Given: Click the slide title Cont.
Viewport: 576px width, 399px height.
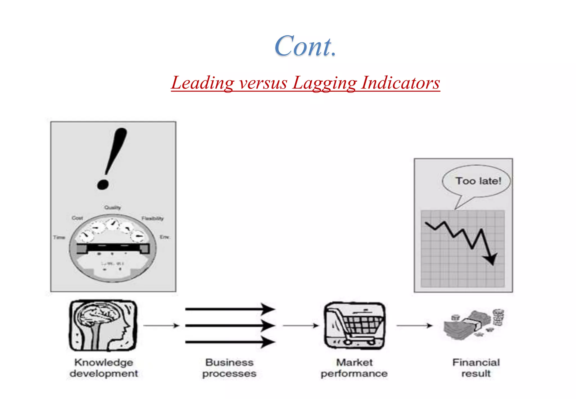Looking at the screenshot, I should [305, 46].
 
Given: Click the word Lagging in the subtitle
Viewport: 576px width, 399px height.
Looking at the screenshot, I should [324, 83].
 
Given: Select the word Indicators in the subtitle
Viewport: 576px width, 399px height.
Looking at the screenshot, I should [400, 83].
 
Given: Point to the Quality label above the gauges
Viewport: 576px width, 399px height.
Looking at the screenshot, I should [112, 208].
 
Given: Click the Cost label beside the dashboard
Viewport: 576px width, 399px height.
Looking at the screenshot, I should [77, 218].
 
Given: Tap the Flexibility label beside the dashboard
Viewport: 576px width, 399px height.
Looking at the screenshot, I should [152, 218].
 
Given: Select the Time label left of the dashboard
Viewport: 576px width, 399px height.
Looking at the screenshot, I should [59, 237].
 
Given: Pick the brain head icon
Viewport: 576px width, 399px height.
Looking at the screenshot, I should [103, 326].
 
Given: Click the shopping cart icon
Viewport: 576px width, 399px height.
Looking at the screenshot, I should [355, 326].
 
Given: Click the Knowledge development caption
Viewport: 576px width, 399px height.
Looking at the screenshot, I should [104, 368].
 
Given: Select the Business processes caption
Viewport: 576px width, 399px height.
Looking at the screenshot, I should [229, 368].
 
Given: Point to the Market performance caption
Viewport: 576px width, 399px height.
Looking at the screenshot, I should [354, 368].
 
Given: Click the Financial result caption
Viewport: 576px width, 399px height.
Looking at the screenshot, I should [476, 368].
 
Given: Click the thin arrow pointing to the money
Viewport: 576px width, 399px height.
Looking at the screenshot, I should [414, 326].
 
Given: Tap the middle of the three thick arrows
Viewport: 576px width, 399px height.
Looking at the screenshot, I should [229, 326].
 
